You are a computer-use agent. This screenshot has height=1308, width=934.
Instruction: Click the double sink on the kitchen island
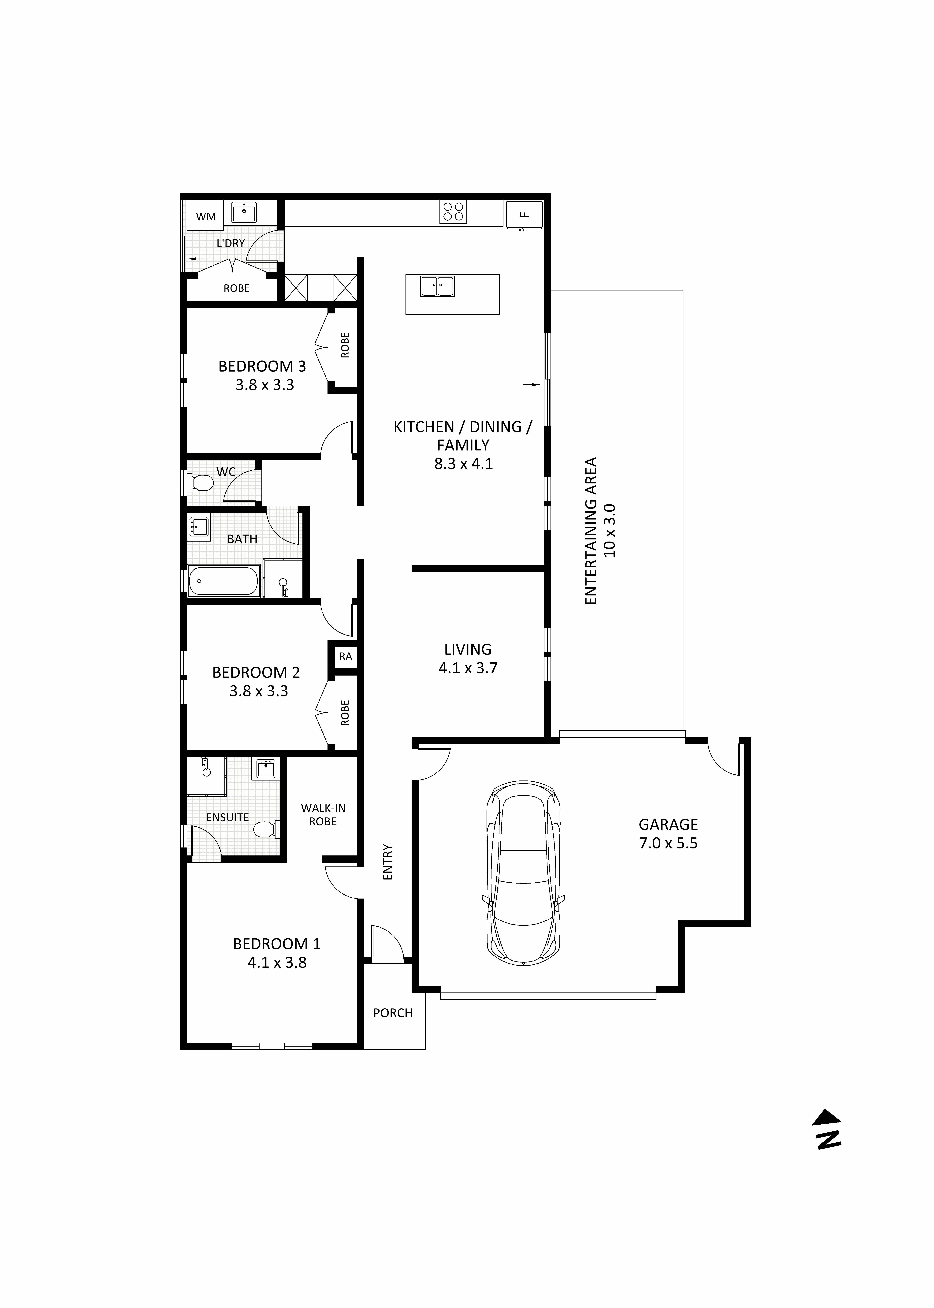(437, 286)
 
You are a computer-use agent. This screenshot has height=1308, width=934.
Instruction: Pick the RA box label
(345, 656)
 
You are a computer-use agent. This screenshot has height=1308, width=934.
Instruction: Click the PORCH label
(393, 1013)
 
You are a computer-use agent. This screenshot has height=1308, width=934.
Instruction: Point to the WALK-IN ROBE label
(323, 815)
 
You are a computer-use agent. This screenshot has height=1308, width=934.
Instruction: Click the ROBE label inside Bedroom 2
(345, 712)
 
